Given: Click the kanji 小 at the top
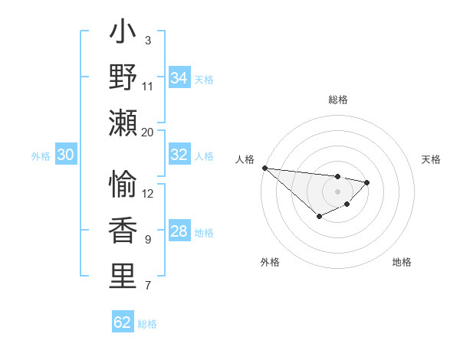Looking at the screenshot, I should coord(123,33).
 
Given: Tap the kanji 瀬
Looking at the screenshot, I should coord(123,123).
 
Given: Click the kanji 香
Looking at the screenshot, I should coord(123,231).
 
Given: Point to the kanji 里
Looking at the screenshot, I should coord(123,277).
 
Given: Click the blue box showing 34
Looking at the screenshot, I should coord(179,78).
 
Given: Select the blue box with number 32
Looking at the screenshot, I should coord(179,155).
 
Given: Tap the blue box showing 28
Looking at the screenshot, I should coord(179,232).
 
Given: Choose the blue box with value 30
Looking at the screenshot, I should coord(65,155).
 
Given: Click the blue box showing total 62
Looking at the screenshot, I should coord(123,322).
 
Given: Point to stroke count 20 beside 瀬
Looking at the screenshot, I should coord(148,132).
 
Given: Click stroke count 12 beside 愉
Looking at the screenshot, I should coord(148,193).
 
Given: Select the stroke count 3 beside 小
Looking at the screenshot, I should coord(148,40).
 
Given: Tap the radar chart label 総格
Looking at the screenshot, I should coord(337,100).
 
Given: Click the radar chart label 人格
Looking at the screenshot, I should coord(245,159).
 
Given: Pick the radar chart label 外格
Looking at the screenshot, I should coord(270,262).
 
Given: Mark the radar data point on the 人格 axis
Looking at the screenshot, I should coord(264,168).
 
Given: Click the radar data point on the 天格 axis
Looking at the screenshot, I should coord(367,182).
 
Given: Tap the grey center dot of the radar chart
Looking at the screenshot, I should coord(337,191).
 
